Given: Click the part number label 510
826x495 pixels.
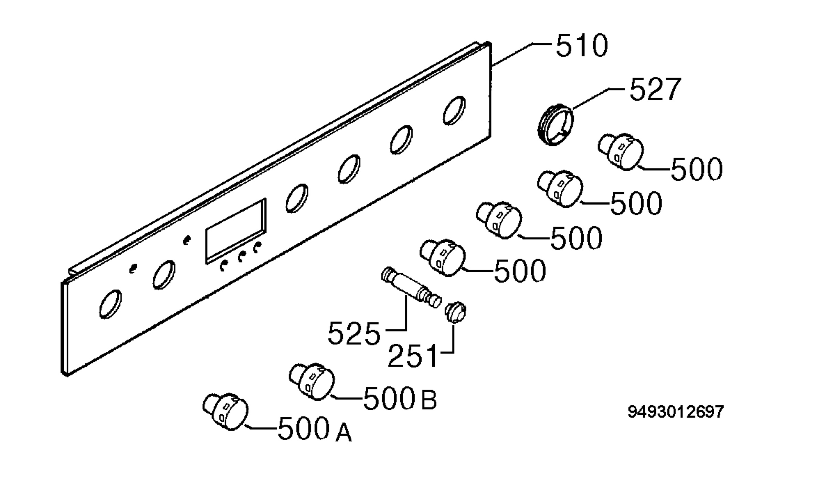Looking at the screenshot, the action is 582,46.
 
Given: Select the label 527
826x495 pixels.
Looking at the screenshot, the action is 655,89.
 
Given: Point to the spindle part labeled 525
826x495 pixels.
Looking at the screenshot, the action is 412,287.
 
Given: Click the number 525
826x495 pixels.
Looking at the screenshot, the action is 354,333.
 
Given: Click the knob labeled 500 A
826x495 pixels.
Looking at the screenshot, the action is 225,411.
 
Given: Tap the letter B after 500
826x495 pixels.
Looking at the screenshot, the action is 429,400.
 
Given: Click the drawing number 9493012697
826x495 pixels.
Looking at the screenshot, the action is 676,412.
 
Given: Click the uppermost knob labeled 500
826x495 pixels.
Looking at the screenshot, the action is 620,152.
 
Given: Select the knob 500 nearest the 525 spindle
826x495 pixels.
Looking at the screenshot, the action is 442,257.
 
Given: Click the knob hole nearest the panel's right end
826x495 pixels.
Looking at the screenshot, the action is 454,110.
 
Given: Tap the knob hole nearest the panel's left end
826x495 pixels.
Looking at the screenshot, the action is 110,304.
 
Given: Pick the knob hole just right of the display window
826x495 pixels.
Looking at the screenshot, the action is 297,198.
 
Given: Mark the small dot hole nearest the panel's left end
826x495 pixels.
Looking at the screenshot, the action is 133,269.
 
